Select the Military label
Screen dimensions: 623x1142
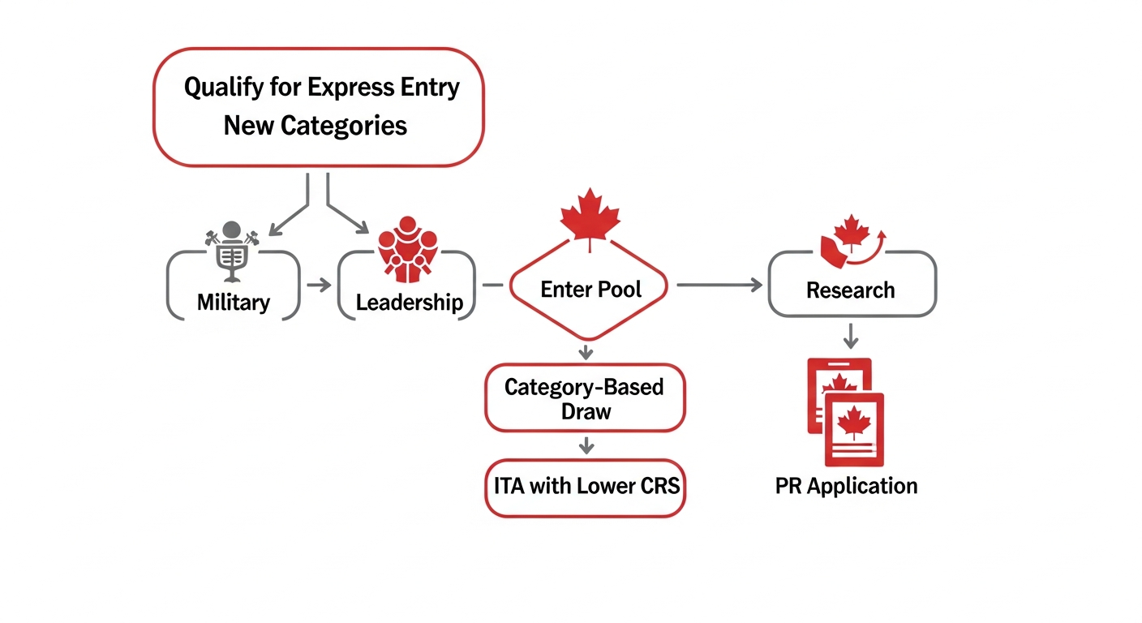coord(234,303)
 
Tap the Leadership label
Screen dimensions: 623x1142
coord(410,303)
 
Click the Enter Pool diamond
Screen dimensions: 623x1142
coord(590,289)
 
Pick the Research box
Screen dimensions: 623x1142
coord(851,290)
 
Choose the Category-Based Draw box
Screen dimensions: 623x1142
coord(585,397)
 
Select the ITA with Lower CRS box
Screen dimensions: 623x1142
coord(585,487)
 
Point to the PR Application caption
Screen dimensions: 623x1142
coord(846,486)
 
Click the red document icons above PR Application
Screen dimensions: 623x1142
coord(845,411)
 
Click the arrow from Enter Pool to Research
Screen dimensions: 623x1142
coord(719,285)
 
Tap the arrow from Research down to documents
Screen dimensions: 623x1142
coord(850,335)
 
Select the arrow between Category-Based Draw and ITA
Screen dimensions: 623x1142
coord(586,446)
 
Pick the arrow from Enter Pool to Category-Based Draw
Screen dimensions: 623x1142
coord(586,352)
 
